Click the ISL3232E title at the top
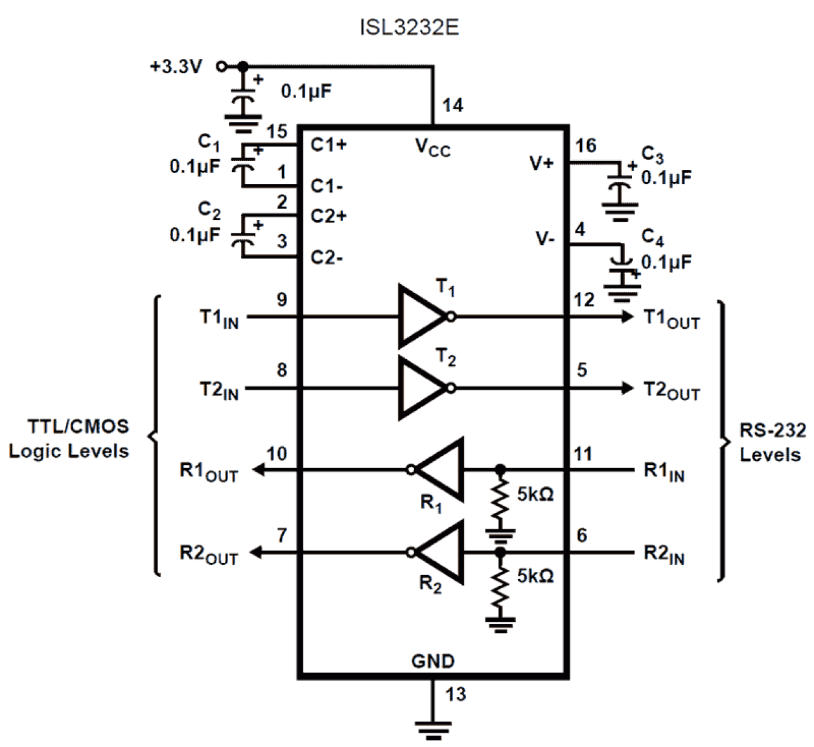pos(409,28)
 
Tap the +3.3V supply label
pos(176,66)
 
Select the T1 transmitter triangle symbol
pos(420,316)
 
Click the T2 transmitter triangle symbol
pos(420,388)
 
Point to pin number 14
pos(452,105)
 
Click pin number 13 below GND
pos(455,694)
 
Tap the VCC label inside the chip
pos(432,147)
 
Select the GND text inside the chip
pos(433,661)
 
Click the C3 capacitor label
pos(652,155)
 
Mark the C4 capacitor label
pos(652,237)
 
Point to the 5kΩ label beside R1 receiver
pos(535,494)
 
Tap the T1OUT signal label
pos(671,319)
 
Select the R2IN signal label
pos(664,554)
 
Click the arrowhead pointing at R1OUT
pos(258,469)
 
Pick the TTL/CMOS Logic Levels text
pos(69,439)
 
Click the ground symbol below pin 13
pos(433,729)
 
